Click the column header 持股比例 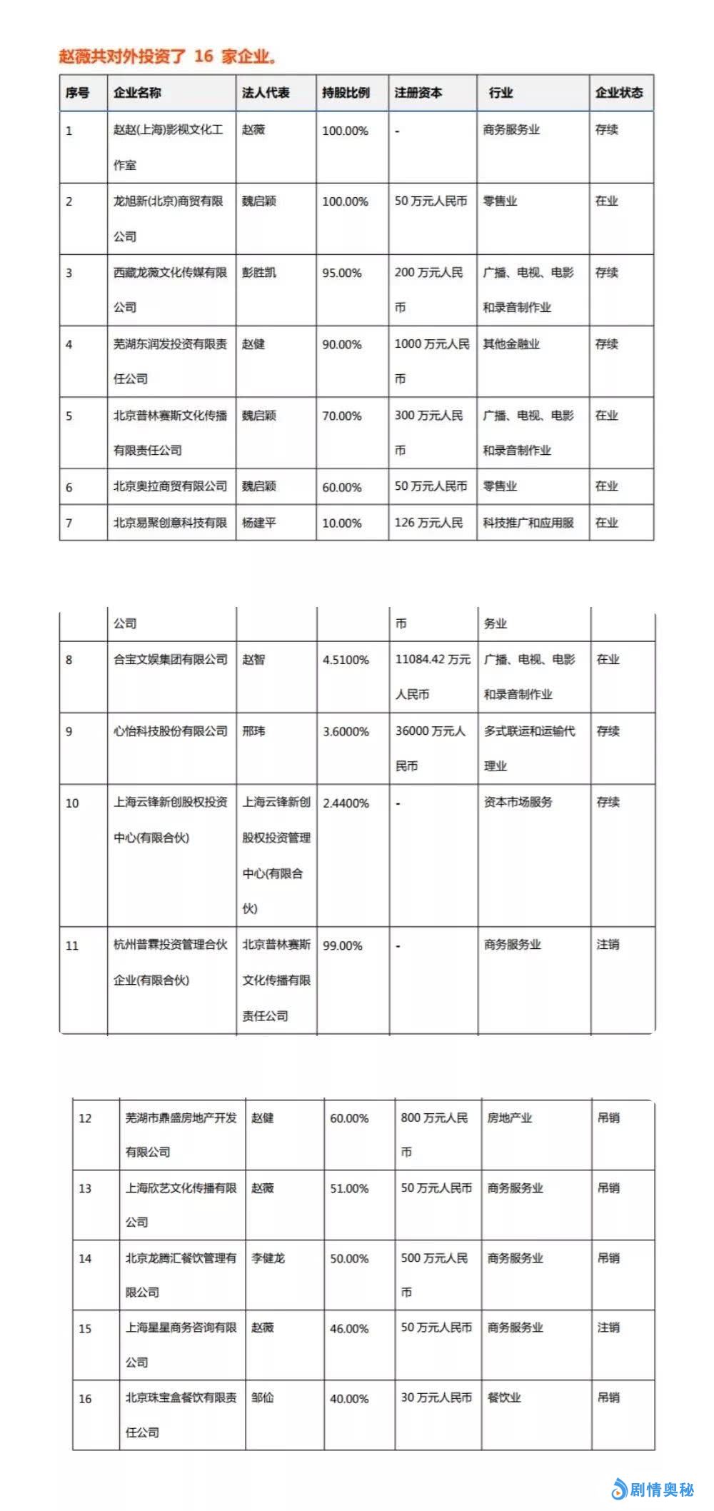click(x=346, y=93)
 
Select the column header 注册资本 click(x=418, y=93)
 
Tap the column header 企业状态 click(x=619, y=93)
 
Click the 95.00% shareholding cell click(x=341, y=273)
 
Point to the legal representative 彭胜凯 click(x=258, y=273)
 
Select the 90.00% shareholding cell click(x=341, y=344)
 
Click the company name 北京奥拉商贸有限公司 click(x=170, y=486)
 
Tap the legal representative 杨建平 click(x=258, y=523)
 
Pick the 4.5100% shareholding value click(x=346, y=660)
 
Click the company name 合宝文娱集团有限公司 click(x=171, y=660)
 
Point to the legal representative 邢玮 click(x=253, y=731)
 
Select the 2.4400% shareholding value click(x=346, y=803)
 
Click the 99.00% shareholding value click(x=342, y=945)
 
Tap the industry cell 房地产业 click(x=509, y=1118)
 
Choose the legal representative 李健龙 click(x=268, y=1258)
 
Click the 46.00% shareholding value click(x=349, y=1329)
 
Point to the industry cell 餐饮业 click(x=504, y=1397)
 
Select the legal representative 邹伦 click(x=262, y=1397)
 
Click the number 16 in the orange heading click(x=203, y=56)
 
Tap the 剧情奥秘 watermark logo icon click(x=618, y=1489)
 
